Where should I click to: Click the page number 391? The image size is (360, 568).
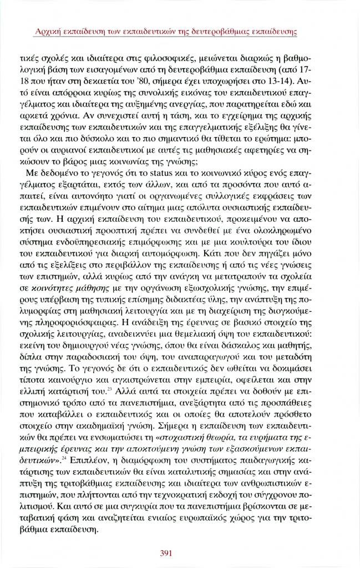pyautogui.click(x=168, y=552)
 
